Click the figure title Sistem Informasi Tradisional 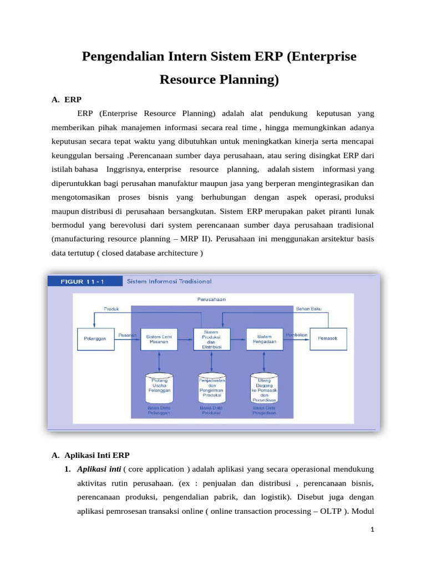click(x=169, y=281)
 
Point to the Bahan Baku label click(x=308, y=308)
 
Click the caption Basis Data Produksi click(x=211, y=410)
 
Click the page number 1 click(x=373, y=529)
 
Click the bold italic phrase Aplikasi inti click(x=99, y=469)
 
